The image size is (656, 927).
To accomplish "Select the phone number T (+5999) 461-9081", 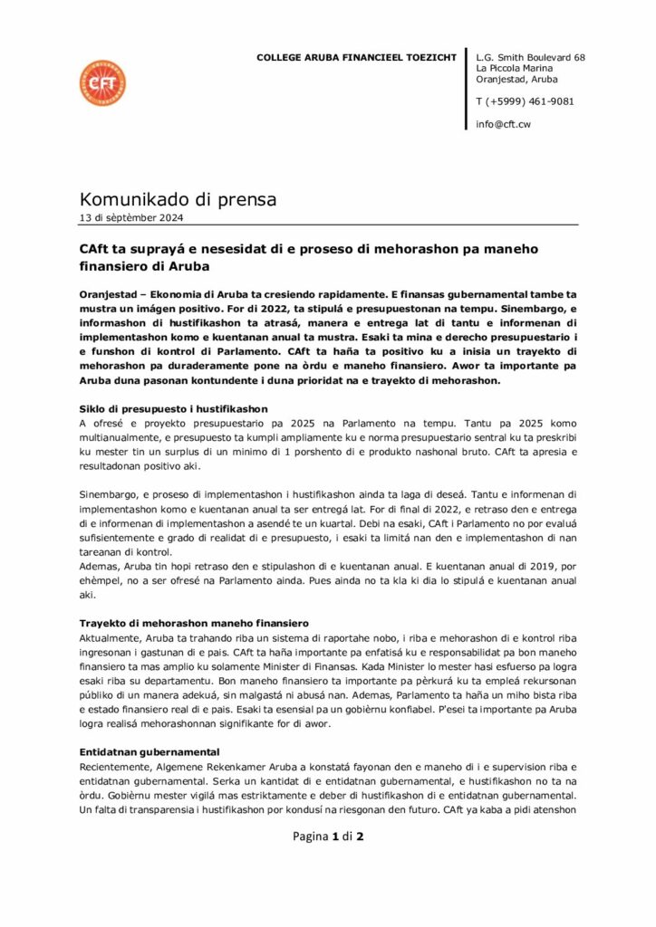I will click(525, 101).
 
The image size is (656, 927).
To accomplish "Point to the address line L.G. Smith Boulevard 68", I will click(530, 57).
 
